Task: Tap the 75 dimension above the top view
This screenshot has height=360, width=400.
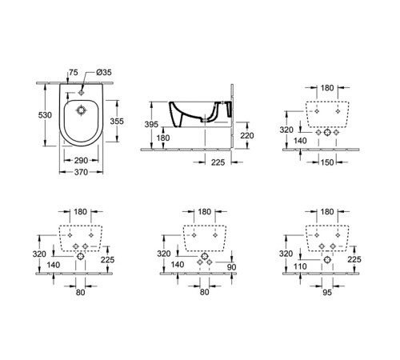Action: point(74,71)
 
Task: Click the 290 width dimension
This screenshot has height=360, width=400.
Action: point(81,161)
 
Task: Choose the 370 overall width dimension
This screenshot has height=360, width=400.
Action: point(80,173)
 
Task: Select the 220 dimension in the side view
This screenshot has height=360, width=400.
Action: point(247,135)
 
